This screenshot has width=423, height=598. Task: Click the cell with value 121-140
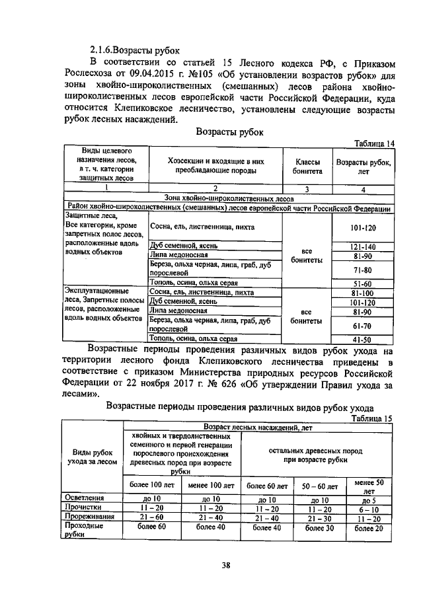click(x=362, y=246)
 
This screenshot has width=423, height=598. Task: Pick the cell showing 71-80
click(x=362, y=270)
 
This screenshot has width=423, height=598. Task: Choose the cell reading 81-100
click(x=362, y=293)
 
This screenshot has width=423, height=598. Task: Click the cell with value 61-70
click(x=362, y=326)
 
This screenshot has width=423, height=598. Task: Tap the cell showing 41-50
click(x=362, y=340)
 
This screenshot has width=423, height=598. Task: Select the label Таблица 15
click(x=374, y=418)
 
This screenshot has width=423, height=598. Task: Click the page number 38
click(x=225, y=565)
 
